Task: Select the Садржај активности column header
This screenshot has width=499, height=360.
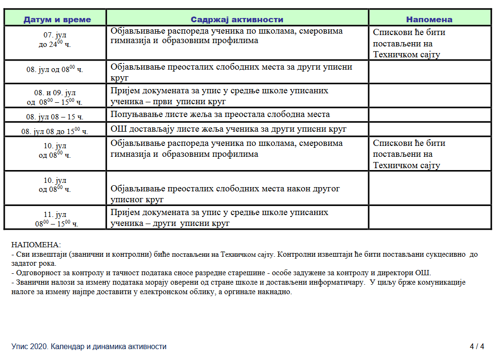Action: [237, 19]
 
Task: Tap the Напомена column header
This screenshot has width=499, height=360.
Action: [429, 19]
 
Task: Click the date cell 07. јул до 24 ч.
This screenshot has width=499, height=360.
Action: [55, 40]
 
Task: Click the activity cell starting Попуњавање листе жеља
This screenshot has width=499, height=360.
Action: [220, 114]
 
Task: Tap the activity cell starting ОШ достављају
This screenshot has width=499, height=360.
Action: [229, 129]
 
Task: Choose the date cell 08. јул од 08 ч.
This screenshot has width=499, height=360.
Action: [55, 69]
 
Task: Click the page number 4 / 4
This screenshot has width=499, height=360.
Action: [477, 347]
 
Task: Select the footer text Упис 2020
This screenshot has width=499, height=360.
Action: [89, 347]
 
